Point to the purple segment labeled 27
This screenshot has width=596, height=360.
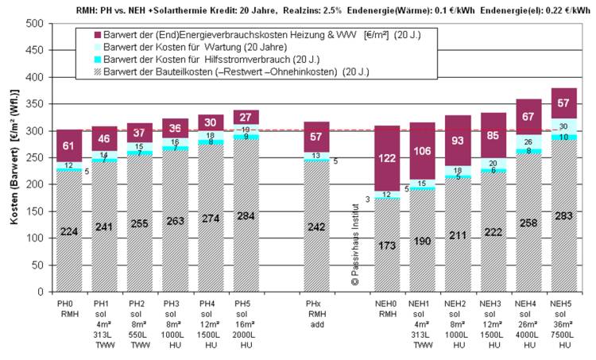pos(246,118)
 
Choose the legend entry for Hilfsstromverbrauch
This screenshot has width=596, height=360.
pos(175,60)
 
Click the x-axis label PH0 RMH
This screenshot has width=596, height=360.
pos(68,309)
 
